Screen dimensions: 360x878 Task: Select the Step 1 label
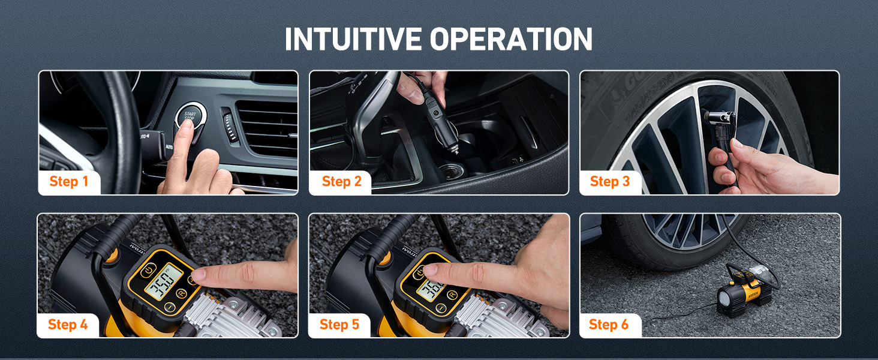point(69,181)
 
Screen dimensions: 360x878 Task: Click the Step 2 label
point(341,181)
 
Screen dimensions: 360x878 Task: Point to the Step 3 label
point(610,181)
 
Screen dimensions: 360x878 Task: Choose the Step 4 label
point(68,325)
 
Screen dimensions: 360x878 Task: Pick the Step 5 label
point(339,325)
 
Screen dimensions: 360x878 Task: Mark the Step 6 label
point(609,325)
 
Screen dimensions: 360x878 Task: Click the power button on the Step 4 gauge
point(146,272)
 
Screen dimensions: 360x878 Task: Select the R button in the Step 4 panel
point(182,293)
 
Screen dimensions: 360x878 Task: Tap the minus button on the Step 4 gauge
point(170,307)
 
